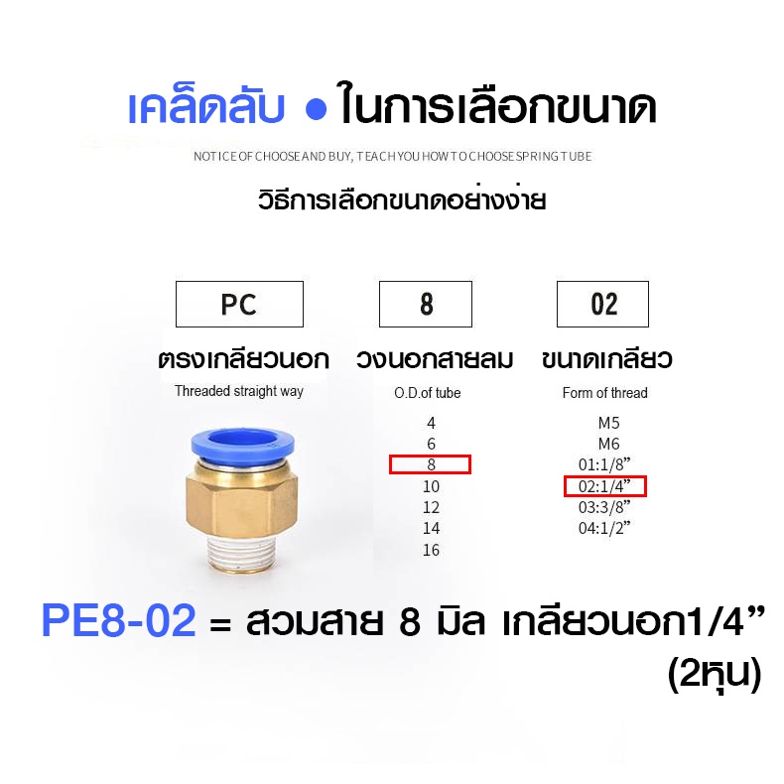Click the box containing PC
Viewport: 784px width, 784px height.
(x=239, y=304)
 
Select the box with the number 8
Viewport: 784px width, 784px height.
(x=426, y=304)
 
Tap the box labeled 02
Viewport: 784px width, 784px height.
(x=603, y=304)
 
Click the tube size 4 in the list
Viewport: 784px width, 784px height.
(x=431, y=423)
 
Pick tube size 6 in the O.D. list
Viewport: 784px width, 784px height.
(x=431, y=444)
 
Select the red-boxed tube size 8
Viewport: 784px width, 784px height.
(x=431, y=464)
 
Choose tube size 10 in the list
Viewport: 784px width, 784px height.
(x=431, y=486)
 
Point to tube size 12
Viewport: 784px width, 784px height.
(x=431, y=507)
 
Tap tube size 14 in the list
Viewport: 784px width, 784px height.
(x=431, y=528)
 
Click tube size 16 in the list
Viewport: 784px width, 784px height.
(x=431, y=550)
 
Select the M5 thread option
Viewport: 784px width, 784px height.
(x=609, y=423)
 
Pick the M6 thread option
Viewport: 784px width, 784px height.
(x=609, y=444)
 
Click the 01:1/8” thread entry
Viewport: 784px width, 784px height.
(x=604, y=464)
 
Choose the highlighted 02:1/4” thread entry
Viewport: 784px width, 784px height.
(x=605, y=486)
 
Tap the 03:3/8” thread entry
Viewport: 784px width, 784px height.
(x=604, y=507)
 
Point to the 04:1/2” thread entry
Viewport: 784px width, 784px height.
(x=604, y=528)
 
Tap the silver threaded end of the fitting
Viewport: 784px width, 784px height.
(x=243, y=554)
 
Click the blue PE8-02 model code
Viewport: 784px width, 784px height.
(x=118, y=620)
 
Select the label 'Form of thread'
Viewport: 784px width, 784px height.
(x=605, y=393)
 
